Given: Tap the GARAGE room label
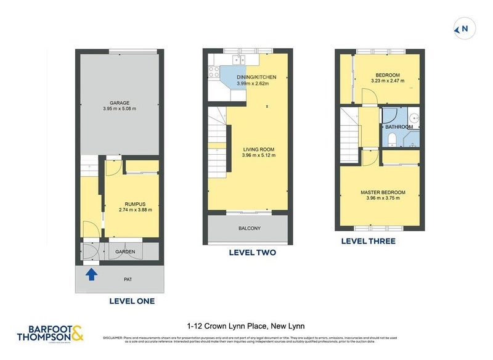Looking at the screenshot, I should pos(120,103).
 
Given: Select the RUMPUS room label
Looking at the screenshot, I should pos(135,203).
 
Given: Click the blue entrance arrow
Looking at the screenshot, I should pos(91,274).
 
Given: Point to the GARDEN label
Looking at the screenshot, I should pos(125,252).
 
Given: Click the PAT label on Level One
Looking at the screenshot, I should pos(128,279).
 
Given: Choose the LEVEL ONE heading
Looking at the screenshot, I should pos(132,301).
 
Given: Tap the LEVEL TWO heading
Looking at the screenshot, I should pos(252,253).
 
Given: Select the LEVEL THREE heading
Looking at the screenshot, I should pos(369,241).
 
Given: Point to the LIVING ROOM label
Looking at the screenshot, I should pos(258,149).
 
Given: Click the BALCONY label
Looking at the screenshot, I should pos(249,229).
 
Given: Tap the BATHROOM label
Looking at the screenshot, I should pos(399,127).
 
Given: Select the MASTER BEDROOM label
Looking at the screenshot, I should pos(383,192).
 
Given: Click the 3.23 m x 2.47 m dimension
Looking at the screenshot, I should pos(388,81).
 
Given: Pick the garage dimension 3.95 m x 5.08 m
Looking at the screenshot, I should pos(120,109).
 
